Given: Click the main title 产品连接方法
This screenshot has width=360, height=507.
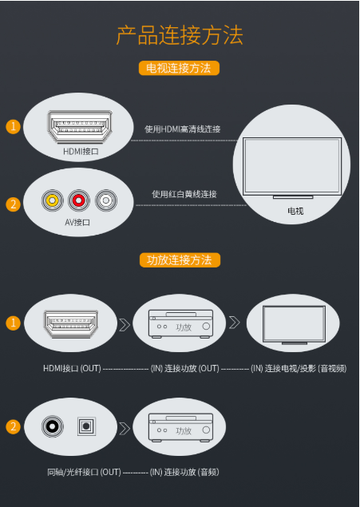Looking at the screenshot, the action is click(180, 36).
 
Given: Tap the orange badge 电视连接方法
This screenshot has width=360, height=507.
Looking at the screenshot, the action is click(179, 68).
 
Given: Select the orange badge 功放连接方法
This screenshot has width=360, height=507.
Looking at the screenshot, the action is click(180, 260).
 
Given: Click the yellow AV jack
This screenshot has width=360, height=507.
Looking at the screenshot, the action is click(53, 200).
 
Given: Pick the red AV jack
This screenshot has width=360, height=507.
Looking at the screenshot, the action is click(78, 200).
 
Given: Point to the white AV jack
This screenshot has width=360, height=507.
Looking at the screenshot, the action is click(106, 200).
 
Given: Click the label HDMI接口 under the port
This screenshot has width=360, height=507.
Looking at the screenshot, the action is click(81, 151).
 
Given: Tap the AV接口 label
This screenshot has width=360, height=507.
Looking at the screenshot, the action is click(77, 222).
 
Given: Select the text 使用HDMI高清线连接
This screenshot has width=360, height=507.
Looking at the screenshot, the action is click(183, 129).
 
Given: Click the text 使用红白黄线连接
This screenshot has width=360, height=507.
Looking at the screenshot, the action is click(184, 194).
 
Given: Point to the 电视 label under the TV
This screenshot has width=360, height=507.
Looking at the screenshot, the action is click(295, 211).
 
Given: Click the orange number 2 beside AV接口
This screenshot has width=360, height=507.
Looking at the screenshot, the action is click(14, 204).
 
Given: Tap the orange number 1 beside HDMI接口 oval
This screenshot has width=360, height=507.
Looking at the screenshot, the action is click(14, 126).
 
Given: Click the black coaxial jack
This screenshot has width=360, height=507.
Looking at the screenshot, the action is click(53, 426).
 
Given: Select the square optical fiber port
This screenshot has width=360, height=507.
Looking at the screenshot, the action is click(86, 426).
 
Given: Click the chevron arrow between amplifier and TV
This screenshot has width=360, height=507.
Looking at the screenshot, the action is click(235, 323).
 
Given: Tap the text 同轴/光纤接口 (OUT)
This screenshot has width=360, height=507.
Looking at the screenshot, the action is click(84, 473).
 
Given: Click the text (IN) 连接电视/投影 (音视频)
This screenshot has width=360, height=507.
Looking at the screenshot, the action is click(299, 369).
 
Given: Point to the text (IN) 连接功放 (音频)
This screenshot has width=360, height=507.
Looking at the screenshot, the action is click(184, 473).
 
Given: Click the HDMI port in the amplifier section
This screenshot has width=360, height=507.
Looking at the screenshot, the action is click(71, 324).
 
